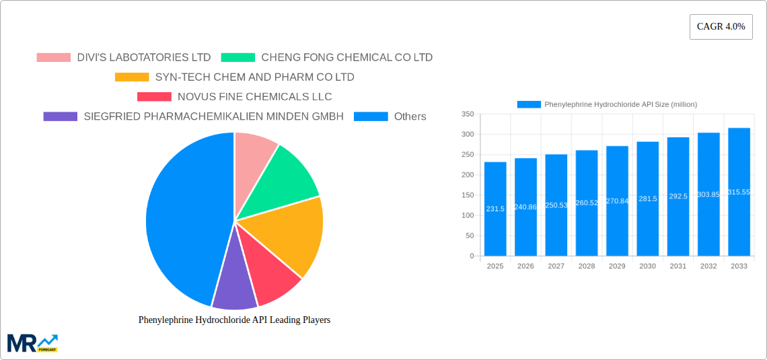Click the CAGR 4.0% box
(x=721, y=27)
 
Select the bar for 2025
(x=495, y=209)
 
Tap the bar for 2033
(x=739, y=192)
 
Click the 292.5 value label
(x=678, y=196)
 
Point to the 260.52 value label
(x=587, y=203)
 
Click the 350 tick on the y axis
(x=468, y=114)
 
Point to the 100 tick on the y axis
(x=468, y=215)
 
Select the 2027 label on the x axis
(x=556, y=266)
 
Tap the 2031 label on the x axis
(x=678, y=266)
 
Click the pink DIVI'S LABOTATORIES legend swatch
(x=53, y=58)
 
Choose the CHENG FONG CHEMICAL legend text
(x=346, y=58)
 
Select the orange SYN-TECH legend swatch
(x=132, y=77)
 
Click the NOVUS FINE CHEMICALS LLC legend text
(x=254, y=97)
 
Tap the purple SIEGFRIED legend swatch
(x=60, y=116)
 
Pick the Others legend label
(x=410, y=116)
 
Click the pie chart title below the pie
(x=234, y=320)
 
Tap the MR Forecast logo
(x=32, y=343)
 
